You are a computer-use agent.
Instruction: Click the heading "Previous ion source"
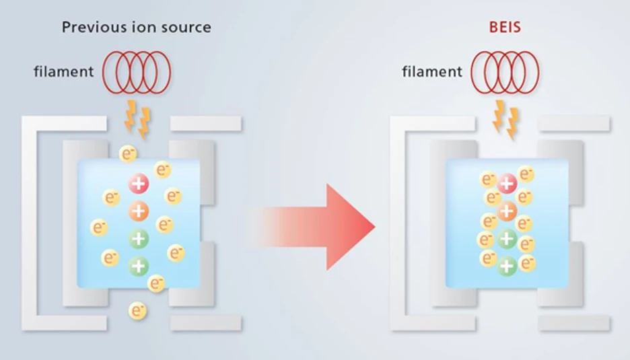(x=136, y=28)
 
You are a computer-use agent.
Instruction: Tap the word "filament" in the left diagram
(x=64, y=71)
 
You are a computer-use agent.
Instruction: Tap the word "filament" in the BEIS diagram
(x=432, y=71)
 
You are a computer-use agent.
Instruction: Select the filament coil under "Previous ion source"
(x=137, y=71)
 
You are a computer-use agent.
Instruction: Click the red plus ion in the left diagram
(x=139, y=182)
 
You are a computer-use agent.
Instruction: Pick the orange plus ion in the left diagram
(x=139, y=211)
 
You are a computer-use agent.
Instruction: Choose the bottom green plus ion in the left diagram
(x=139, y=266)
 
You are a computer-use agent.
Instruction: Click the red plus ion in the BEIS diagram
(x=507, y=182)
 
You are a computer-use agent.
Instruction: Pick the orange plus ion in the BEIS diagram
(x=507, y=211)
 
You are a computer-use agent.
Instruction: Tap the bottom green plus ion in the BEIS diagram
(x=507, y=266)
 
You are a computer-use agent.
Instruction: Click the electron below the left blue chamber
(x=137, y=311)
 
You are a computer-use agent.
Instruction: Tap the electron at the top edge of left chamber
(x=128, y=154)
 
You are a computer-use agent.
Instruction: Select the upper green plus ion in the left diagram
(x=139, y=238)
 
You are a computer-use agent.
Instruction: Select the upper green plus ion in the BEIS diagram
(x=507, y=238)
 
